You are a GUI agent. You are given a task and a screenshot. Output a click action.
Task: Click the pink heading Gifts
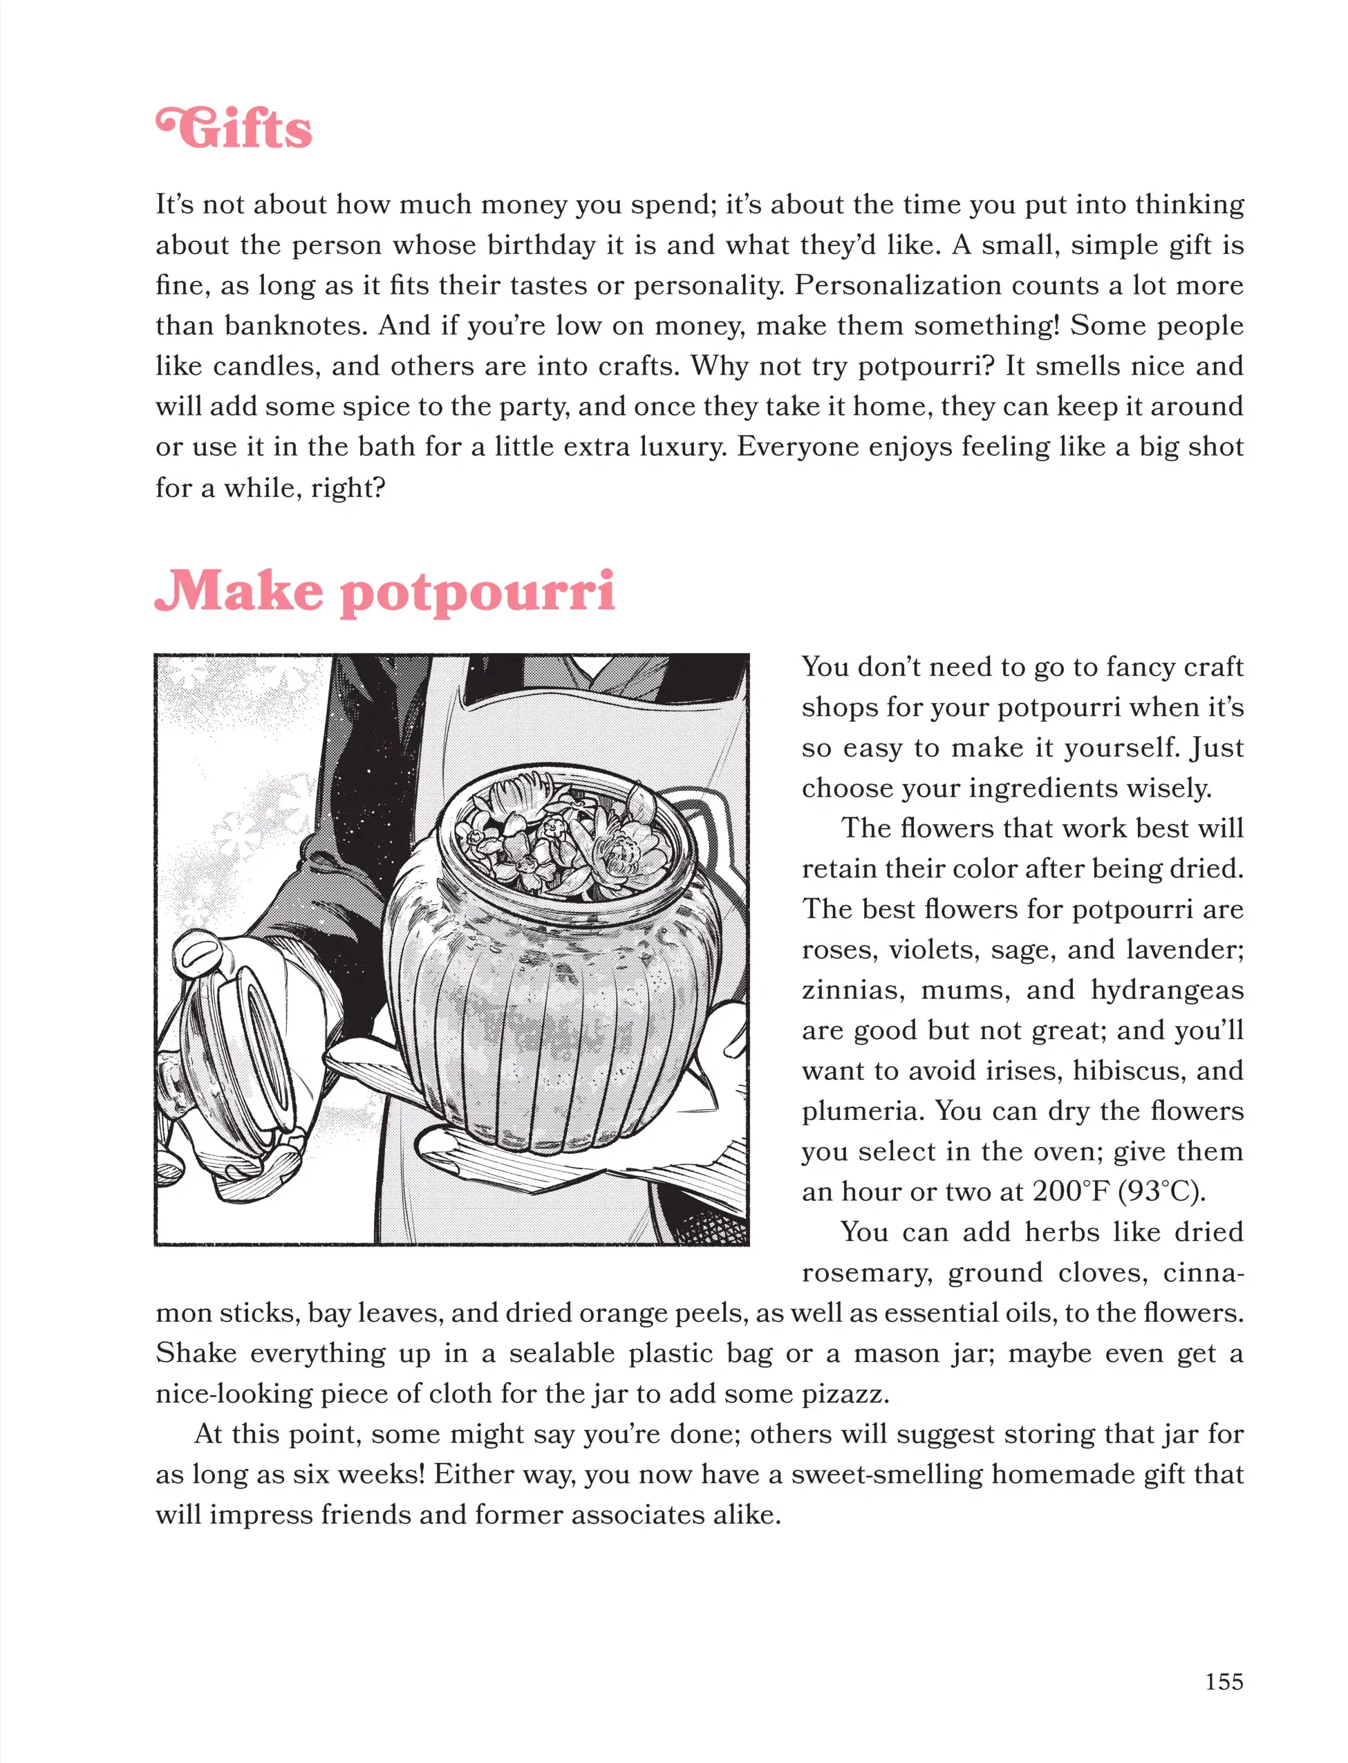[x=234, y=129]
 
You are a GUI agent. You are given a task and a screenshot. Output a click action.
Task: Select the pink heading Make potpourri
[x=384, y=593]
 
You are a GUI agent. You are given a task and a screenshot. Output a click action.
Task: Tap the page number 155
[x=1224, y=1681]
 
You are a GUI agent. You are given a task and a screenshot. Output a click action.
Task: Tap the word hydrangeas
[x=1167, y=990]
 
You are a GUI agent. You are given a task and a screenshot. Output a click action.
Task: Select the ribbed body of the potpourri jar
[x=554, y=1027]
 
